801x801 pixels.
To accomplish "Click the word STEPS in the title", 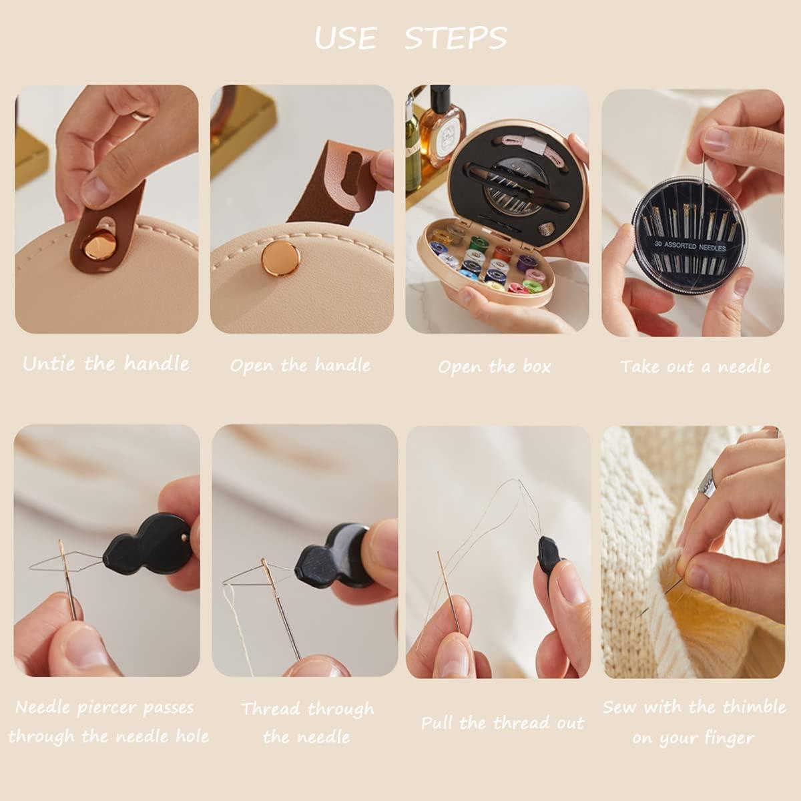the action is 455,39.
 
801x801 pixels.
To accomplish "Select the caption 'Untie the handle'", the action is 106,364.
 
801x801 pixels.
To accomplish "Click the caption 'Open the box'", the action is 495,366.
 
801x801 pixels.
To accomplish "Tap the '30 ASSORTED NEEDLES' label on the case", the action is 690,246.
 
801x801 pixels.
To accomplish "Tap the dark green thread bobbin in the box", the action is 477,242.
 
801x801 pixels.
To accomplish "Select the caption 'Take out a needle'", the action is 696,366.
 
